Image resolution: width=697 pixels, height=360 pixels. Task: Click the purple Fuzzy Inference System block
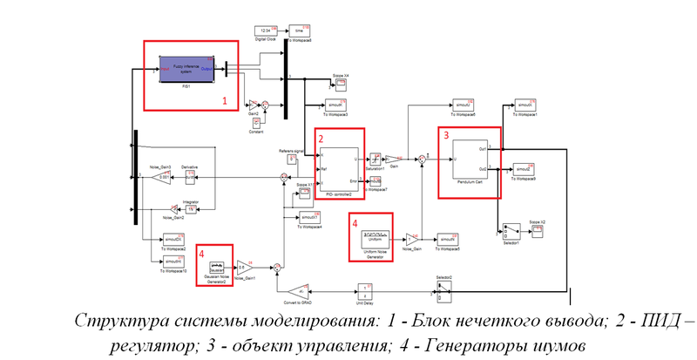189,68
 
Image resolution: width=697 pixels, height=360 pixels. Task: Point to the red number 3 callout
446,135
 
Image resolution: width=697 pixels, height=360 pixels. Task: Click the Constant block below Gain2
245,121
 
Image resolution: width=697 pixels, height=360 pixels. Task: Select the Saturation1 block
375,159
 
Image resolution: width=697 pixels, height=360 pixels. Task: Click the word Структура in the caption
113,321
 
